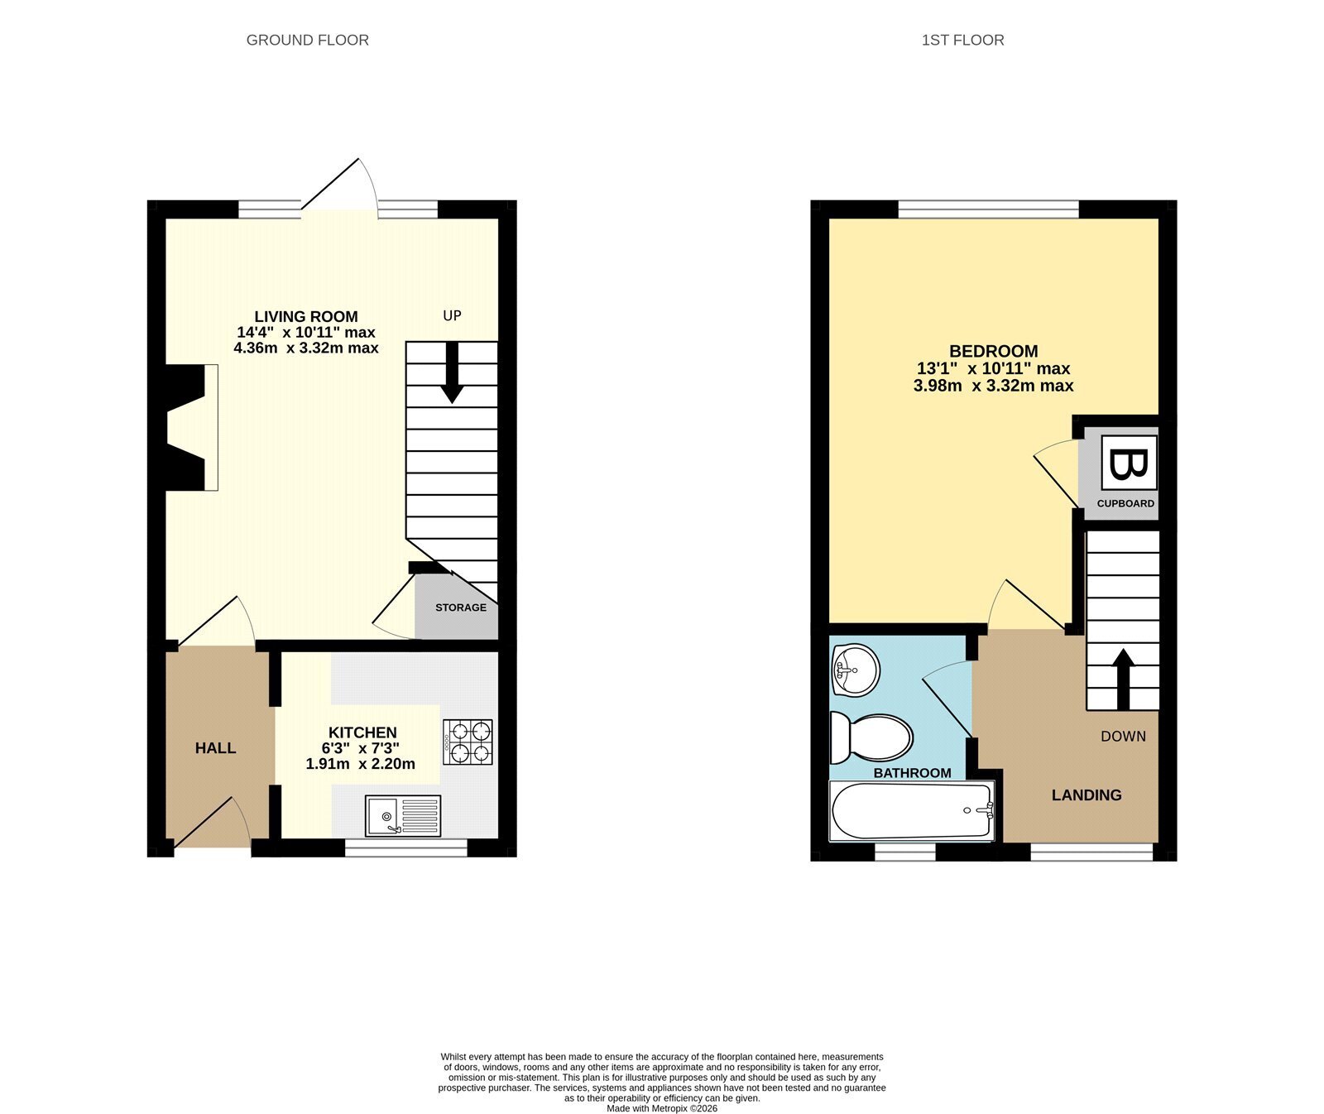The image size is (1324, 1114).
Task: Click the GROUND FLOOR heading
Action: point(308,40)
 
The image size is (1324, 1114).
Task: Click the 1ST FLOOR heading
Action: point(962,40)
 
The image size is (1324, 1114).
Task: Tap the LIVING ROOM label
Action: point(306,316)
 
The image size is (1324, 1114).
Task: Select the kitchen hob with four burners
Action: point(468,742)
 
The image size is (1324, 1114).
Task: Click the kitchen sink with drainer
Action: point(403,816)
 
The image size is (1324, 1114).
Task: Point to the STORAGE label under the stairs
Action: point(461,607)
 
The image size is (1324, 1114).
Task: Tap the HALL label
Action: point(215,748)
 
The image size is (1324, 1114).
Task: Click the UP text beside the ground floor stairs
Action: point(452,315)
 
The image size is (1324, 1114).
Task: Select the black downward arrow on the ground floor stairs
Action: point(452,372)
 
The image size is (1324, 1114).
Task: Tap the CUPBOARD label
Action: point(1125,503)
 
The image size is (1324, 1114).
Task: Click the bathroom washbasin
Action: point(855,669)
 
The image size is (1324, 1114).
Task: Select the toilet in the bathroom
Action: point(871,737)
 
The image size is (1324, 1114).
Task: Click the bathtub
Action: point(912,811)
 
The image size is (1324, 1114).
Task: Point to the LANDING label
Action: point(1087,795)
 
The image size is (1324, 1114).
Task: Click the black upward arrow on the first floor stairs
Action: point(1123,679)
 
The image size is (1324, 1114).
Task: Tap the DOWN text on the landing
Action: point(1123,736)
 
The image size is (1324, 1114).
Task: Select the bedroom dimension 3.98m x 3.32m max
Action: point(993,386)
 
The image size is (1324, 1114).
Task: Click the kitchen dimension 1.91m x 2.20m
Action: point(361,764)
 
